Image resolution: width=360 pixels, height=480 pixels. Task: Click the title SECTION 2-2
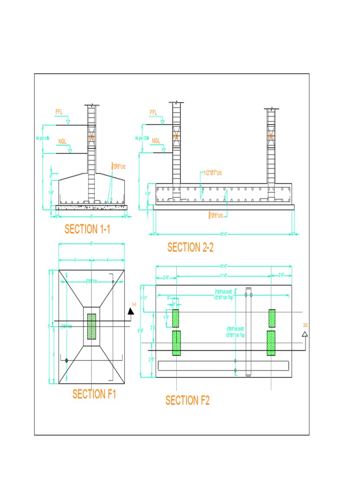click(x=190, y=247)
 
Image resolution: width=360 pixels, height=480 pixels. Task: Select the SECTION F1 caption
click(x=94, y=394)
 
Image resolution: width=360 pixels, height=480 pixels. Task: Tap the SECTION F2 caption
click(x=187, y=400)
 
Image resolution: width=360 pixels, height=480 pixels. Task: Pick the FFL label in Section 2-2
click(x=153, y=112)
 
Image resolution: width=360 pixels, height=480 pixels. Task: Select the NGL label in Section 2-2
click(x=156, y=140)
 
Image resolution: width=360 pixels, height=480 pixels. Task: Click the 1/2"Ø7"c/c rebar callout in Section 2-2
click(x=213, y=173)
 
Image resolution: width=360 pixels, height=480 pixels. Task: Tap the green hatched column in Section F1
click(x=91, y=326)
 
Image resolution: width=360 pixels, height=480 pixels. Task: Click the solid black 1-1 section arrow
click(x=131, y=311)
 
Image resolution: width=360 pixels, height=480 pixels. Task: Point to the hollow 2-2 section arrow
click(x=305, y=334)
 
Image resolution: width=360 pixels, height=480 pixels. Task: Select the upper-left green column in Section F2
click(x=176, y=318)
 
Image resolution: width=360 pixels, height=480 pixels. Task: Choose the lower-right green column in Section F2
click(x=271, y=343)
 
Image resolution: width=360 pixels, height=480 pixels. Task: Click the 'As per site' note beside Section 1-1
click(x=43, y=138)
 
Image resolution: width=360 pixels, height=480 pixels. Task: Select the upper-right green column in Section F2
click(x=271, y=318)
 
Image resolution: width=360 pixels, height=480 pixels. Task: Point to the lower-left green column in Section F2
click(x=176, y=343)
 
